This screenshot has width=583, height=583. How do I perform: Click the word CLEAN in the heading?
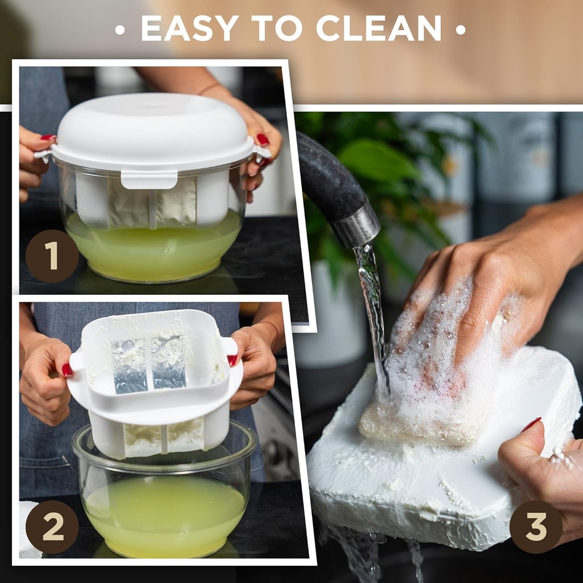379,28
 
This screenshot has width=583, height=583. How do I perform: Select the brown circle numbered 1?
52,256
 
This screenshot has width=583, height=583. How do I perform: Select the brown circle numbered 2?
52,527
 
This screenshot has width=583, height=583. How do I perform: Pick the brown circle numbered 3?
536,527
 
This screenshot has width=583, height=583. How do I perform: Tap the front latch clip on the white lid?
149,180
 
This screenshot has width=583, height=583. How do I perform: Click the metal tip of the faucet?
356,224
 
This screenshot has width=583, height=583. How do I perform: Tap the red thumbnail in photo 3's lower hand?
531,424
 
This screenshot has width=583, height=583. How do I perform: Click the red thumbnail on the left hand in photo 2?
67,370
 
